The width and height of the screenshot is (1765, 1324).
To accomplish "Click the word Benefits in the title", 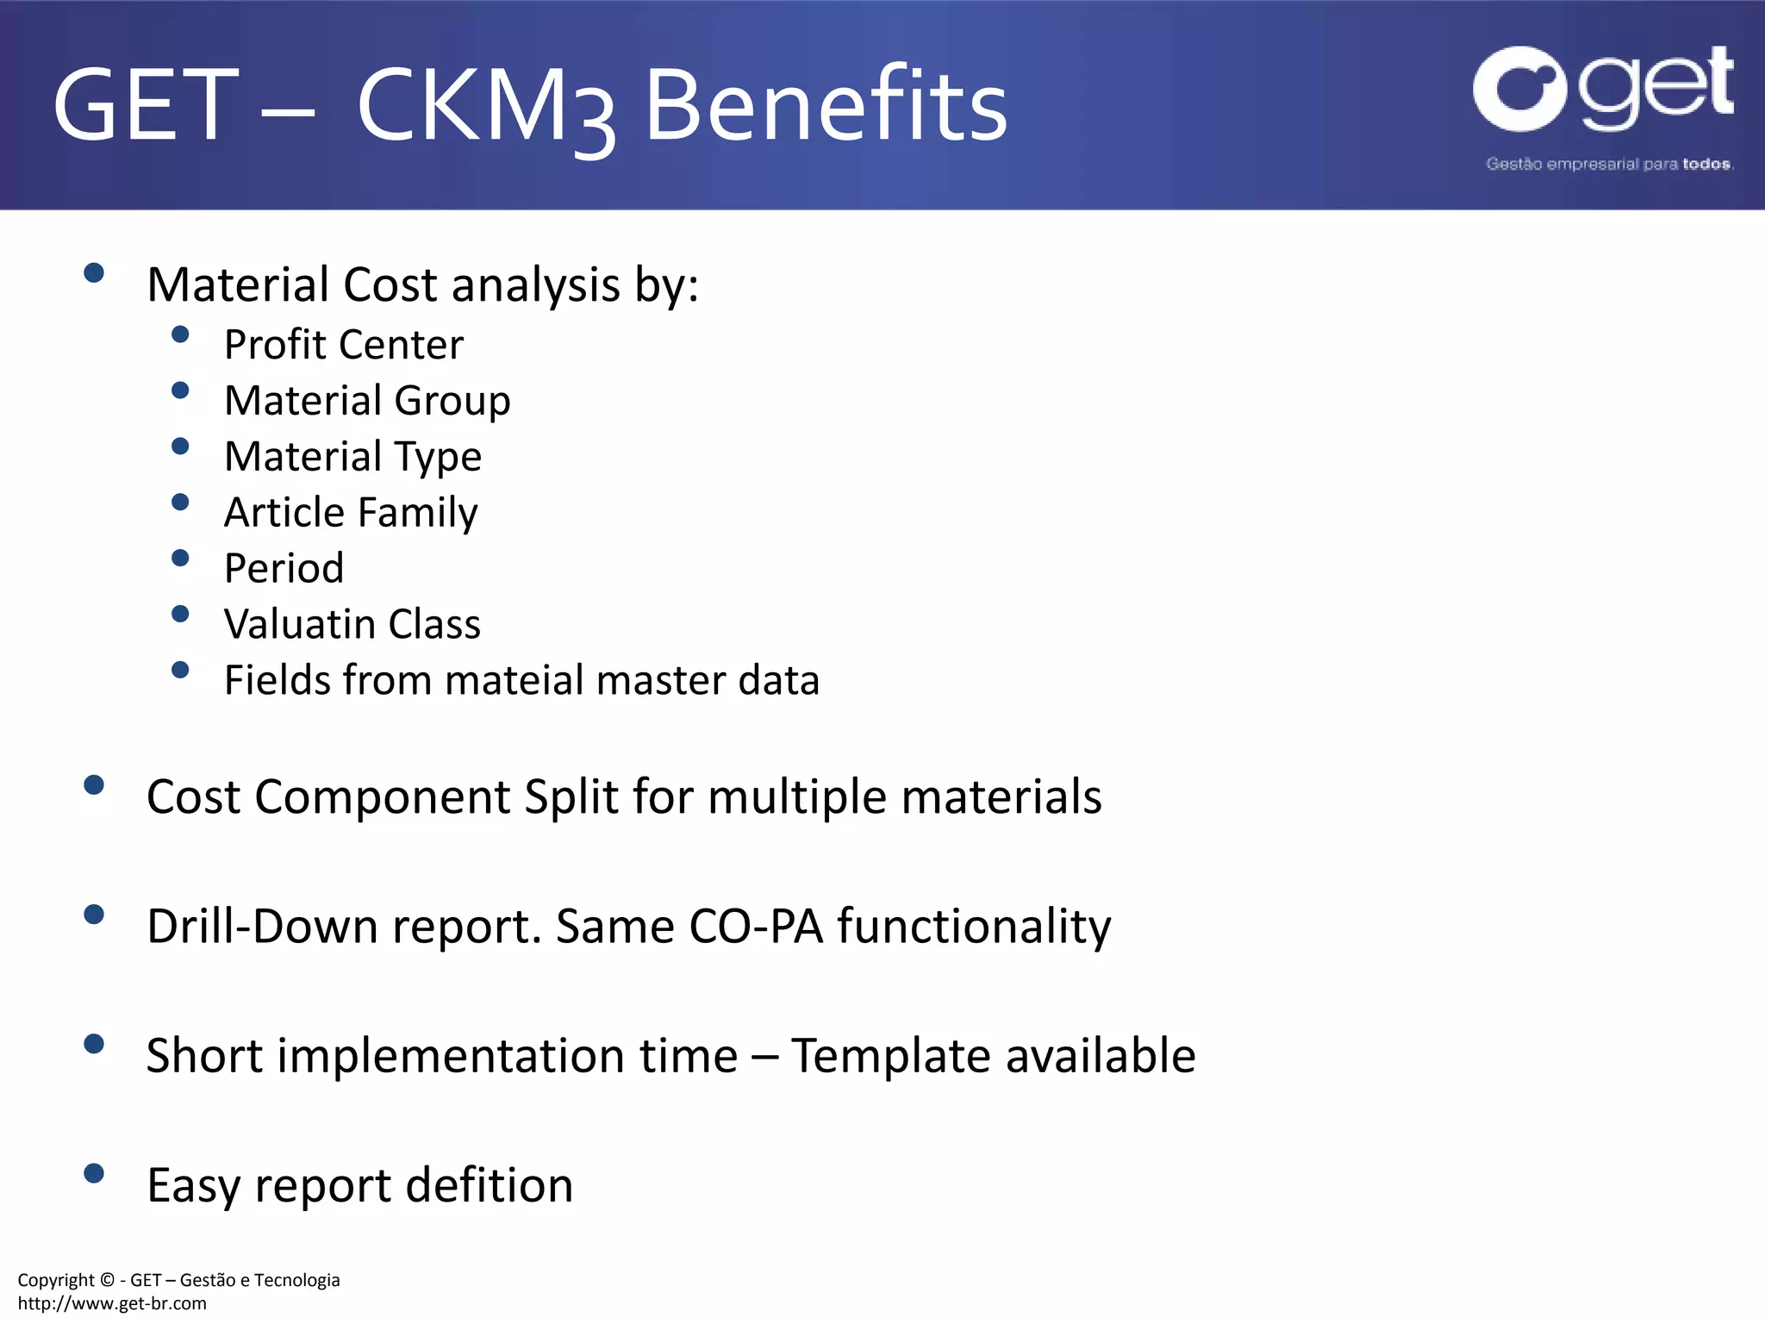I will [826, 105].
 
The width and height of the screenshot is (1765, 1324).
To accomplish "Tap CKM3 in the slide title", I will [486, 107].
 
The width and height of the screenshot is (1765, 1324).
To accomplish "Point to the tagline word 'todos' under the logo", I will [1706, 164].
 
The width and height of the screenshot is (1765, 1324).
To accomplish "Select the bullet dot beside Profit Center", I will [180, 334].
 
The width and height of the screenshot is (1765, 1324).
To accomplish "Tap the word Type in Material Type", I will [439, 458].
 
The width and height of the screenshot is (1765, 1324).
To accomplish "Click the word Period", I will [284, 569].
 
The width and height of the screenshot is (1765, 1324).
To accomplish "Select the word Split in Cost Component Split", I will [571, 797].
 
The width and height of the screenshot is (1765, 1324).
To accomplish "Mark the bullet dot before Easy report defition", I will [94, 1173].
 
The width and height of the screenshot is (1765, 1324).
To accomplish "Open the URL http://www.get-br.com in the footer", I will [112, 1303].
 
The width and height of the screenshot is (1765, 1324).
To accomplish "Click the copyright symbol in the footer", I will [107, 1280].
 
